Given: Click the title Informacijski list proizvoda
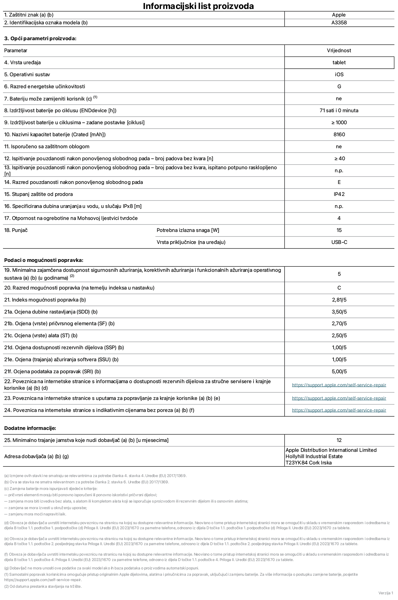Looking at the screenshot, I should coord(198,6).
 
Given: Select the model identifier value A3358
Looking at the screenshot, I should coord(339,22).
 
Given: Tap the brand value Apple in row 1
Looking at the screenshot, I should coord(339,15).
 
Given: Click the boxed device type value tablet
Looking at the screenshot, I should coord(339,62).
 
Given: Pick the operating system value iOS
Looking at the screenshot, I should coord(339,74).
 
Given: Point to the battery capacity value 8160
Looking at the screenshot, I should coord(339,134).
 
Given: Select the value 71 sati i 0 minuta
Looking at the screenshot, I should coord(339,110).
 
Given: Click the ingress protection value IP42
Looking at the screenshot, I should coord(339,194).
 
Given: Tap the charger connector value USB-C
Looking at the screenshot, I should coord(339,242).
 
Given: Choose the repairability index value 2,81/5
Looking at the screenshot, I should coord(339,300).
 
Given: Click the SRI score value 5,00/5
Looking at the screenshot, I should coord(339,371).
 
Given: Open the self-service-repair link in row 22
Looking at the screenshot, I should coord(339,385).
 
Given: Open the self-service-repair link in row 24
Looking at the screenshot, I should coord(339,410).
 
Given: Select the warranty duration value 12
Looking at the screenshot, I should coord(339,440).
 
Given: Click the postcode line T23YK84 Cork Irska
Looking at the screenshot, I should coord(308,463).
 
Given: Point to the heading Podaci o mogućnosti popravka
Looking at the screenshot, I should coord(44,260).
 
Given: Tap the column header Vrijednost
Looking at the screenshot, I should coord(339,50).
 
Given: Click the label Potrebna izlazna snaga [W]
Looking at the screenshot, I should coord(188,230).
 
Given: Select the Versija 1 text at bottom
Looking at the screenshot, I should coord(385,593).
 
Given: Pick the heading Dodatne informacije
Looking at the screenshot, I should coord(30,428).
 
